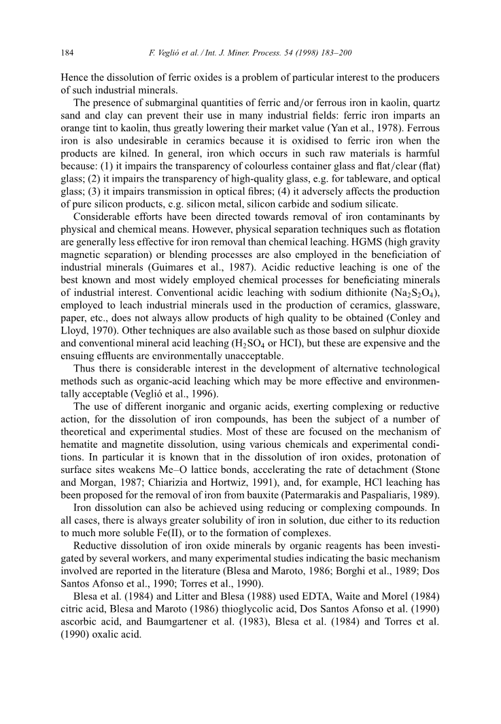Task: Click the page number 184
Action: coord(67,52)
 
